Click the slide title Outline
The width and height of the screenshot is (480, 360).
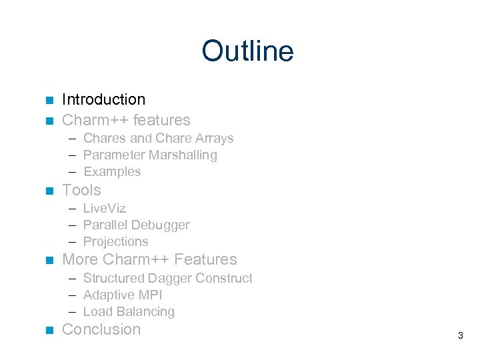[247, 51]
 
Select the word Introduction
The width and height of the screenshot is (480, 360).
[103, 100]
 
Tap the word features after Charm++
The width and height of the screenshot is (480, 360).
[162, 121]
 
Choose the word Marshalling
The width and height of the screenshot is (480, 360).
[183, 155]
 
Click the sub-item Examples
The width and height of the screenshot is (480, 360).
[112, 172]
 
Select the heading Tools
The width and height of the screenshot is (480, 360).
[81, 191]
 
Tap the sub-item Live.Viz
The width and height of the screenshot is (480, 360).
[105, 209]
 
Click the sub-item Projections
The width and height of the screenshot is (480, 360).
[115, 242]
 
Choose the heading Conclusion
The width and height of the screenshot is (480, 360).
[101, 330]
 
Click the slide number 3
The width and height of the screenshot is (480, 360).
[460, 335]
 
